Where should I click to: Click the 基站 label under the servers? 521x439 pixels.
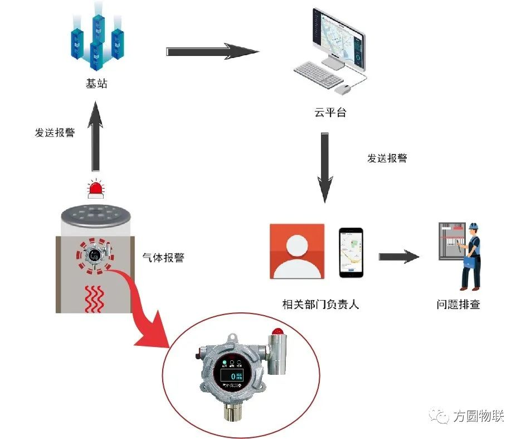96,84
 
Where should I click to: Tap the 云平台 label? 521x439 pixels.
330,113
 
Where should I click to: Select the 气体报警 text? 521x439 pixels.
163,258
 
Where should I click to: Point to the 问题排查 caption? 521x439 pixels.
458,305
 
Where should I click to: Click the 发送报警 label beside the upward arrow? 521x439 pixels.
55,133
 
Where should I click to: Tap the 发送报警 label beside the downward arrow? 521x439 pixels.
387,158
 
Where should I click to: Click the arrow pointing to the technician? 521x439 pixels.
398,257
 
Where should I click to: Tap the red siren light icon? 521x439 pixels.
96,189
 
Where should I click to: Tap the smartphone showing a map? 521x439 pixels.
352,252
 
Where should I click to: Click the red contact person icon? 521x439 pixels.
297,251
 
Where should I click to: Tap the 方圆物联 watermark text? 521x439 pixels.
478,416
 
